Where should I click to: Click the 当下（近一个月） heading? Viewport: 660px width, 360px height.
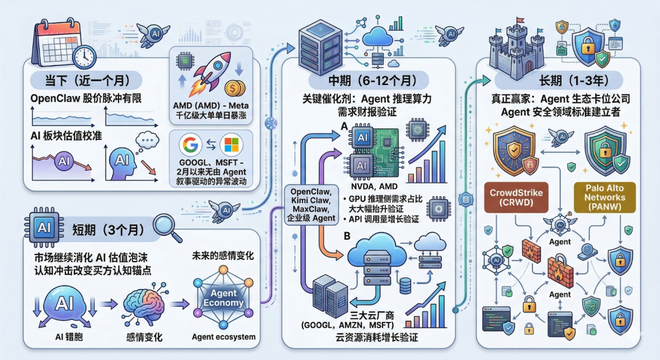86,79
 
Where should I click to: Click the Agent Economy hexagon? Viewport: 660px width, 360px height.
223,298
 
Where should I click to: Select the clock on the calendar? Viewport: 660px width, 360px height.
83,57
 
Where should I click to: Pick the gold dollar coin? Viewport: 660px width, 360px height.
234,89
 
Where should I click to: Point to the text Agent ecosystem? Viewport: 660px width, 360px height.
223,337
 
